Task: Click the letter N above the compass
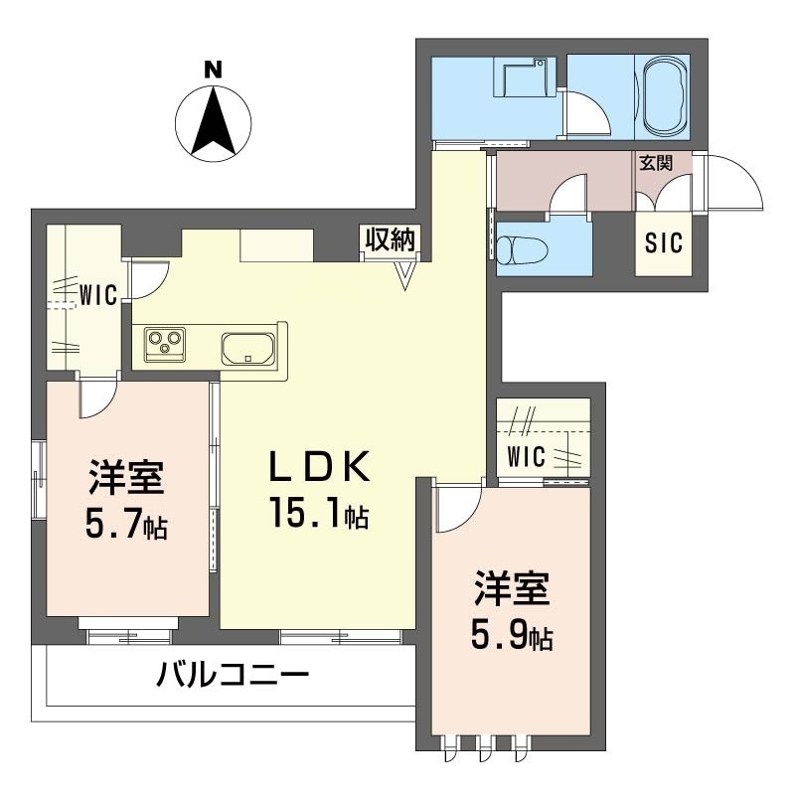point(213,70)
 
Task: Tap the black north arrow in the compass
point(214,120)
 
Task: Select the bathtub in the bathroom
point(663,96)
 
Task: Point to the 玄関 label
point(656,163)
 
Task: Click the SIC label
point(663,242)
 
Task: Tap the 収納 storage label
point(391,239)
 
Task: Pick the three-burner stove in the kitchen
point(165,344)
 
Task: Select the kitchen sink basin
point(247,349)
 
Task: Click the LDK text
point(319,466)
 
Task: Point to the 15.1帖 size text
point(319,513)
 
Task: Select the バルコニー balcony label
point(233,675)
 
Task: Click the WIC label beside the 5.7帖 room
point(97,294)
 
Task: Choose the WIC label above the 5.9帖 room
point(526,456)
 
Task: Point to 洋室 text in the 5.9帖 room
point(512,589)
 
